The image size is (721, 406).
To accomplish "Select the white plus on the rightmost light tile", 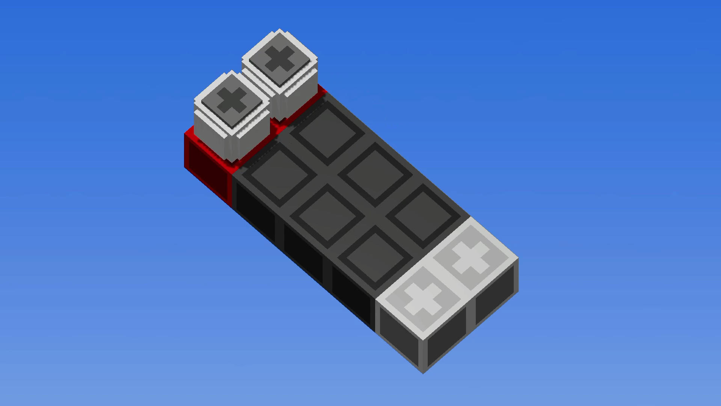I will (471, 258).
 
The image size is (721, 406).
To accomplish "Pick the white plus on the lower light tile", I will (423, 299).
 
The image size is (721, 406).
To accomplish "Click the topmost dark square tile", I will (327, 133).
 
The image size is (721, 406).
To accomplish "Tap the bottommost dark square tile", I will (376, 258).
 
